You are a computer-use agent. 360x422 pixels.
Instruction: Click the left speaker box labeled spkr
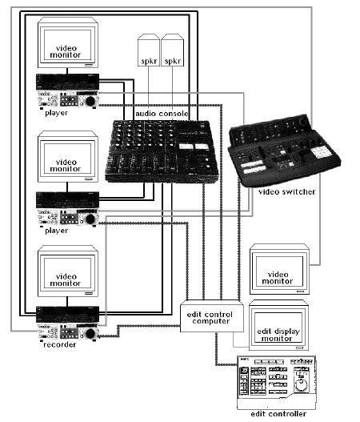pos(149,50)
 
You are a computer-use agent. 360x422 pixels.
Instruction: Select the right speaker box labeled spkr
pos(172,50)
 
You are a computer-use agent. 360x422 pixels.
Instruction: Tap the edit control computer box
pos(212,316)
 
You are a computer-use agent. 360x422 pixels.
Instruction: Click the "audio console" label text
pos(162,114)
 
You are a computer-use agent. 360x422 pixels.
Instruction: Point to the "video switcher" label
pos(286,191)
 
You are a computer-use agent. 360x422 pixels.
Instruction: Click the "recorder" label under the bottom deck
pos(60,344)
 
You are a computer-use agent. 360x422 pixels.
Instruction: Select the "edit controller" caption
pos(278,414)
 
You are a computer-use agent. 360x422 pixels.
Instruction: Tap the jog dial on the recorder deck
pos(90,334)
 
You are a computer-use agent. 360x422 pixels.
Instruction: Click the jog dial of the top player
pos(90,101)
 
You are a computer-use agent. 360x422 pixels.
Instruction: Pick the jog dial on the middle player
pos(90,219)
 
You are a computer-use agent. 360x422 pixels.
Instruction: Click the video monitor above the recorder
pos(68,271)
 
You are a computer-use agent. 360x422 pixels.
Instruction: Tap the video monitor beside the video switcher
pos(280,269)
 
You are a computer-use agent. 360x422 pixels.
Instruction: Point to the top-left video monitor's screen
pos(67,46)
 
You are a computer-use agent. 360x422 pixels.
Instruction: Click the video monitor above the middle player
pos(68,157)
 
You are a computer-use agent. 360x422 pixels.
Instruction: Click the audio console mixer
pos(162,151)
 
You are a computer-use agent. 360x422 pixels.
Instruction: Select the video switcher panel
pos(284,151)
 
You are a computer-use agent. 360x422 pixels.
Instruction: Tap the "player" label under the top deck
pos(57,113)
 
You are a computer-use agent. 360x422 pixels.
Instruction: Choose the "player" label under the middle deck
pos(57,231)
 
